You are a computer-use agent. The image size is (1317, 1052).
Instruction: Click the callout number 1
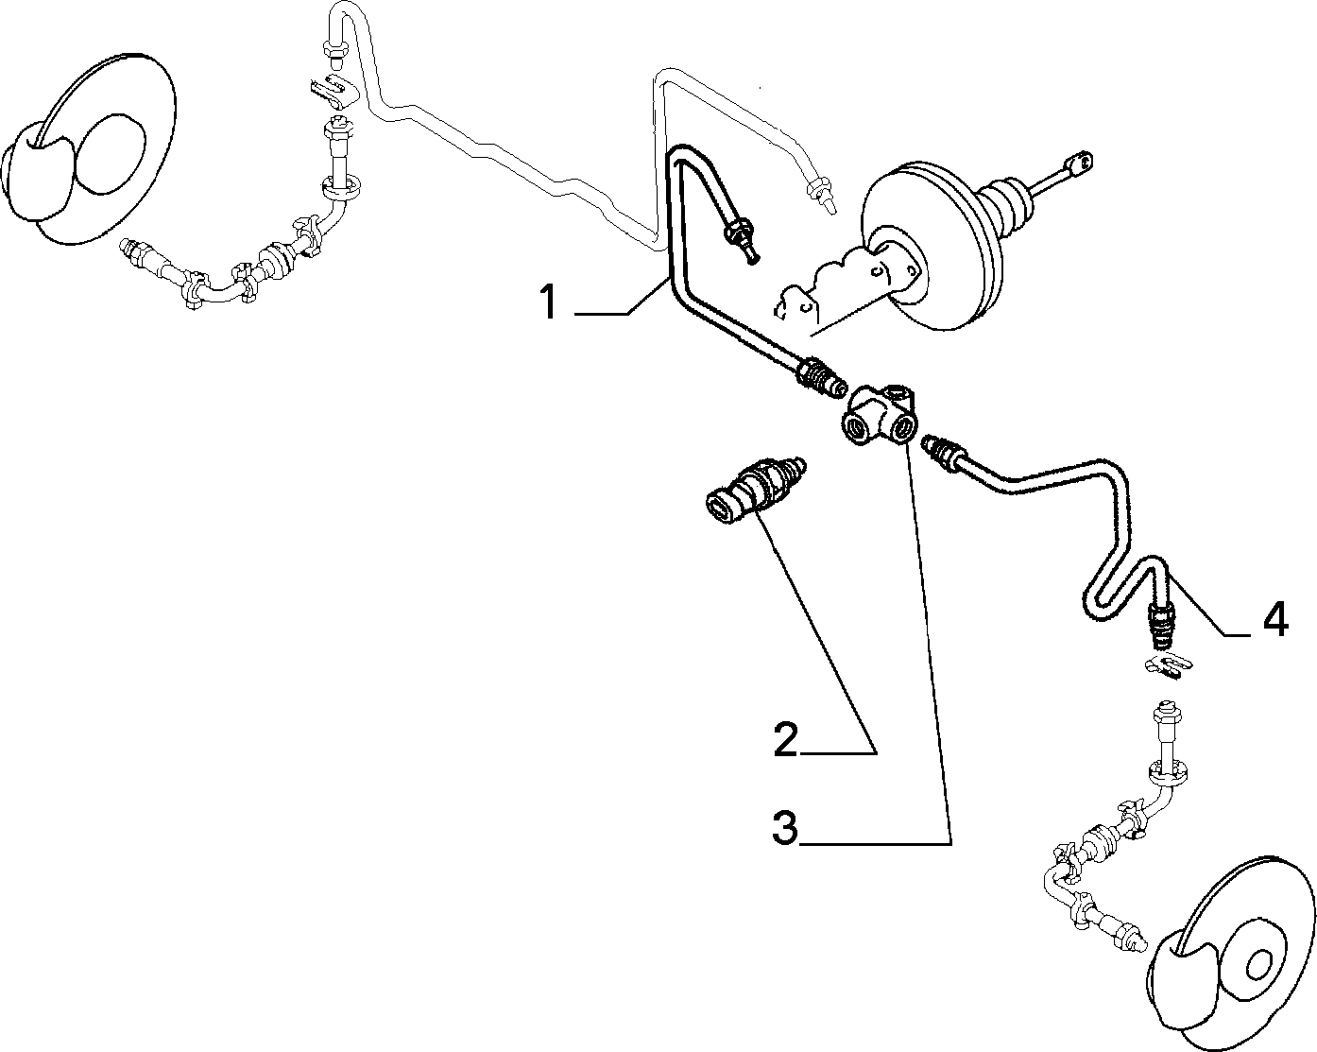point(548,302)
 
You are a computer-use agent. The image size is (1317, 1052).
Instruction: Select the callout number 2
point(785,739)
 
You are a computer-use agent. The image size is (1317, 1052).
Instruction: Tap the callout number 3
point(785,828)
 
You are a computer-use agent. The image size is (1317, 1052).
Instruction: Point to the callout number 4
point(1275,619)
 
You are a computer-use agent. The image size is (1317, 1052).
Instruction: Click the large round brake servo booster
point(931,246)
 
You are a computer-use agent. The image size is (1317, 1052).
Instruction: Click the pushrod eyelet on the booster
point(1080,163)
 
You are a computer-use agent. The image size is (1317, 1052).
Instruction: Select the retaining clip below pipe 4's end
point(1167,665)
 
